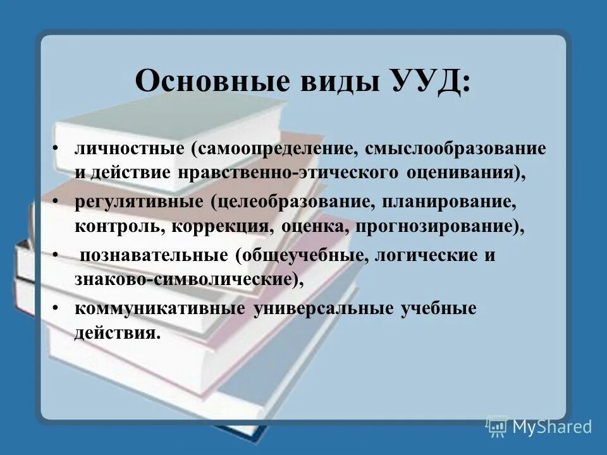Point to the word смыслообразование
(455, 150)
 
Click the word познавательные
(152, 257)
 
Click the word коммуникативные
(161, 309)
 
